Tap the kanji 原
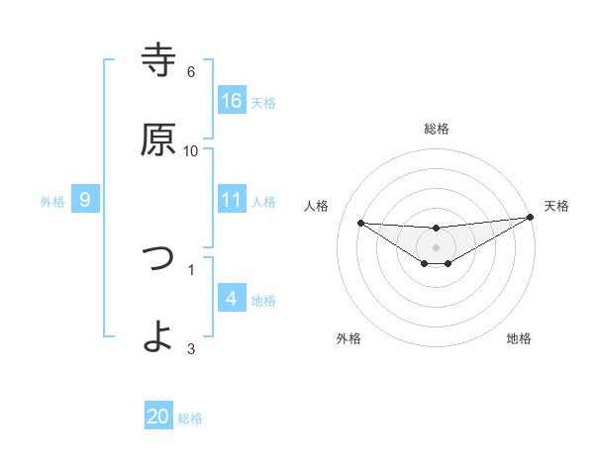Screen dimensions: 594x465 159,139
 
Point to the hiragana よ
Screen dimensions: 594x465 159,335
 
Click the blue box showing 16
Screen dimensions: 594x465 232,100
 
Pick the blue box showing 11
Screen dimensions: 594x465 232,200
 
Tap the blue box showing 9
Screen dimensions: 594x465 85,200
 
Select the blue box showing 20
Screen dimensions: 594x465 158,417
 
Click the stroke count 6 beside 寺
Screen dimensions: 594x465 191,72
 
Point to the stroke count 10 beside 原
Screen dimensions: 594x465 191,151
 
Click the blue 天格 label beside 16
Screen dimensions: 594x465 262,102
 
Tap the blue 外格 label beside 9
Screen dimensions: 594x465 52,202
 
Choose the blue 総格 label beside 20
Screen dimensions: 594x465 190,418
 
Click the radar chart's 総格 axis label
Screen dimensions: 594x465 437,129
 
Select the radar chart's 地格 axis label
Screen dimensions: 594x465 519,338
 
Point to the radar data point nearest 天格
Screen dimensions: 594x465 530,218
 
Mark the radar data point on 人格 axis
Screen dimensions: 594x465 360,222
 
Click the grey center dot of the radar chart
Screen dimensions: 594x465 437,246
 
